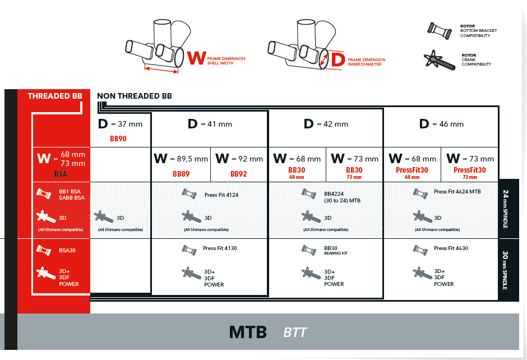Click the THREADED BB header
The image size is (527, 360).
point(55,96)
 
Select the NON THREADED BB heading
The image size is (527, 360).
point(135,96)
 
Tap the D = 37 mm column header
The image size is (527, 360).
point(121,124)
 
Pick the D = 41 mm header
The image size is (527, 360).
point(210,124)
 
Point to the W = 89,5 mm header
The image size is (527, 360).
point(181,159)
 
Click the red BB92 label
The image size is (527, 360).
point(239,174)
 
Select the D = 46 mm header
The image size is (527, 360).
point(441,124)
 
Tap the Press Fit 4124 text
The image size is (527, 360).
point(221,195)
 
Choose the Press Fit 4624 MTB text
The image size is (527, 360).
point(457,192)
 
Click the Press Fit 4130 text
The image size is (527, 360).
point(220,248)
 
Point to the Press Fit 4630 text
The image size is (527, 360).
point(451,248)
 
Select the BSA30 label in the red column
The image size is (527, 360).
point(67,250)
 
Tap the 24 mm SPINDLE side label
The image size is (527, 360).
point(506,209)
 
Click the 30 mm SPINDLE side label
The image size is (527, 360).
point(506,270)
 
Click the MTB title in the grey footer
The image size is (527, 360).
point(248,332)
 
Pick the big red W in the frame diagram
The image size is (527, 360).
point(196,58)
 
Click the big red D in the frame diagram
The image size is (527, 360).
point(338,59)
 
